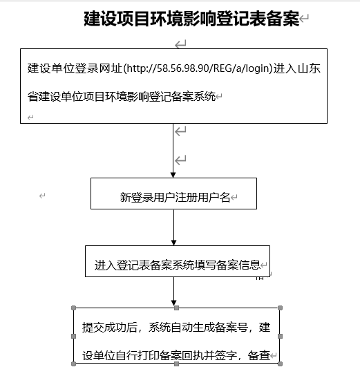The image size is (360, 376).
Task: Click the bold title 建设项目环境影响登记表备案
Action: click(x=191, y=19)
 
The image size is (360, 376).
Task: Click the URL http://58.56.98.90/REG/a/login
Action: click(x=198, y=68)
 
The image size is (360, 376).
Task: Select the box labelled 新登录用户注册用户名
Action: click(x=173, y=194)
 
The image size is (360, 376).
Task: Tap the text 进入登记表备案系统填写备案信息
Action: click(x=178, y=265)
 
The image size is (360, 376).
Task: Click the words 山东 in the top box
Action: click(x=309, y=68)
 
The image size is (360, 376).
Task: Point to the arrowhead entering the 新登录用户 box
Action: click(x=173, y=175)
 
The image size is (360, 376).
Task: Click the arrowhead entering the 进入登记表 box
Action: click(x=173, y=243)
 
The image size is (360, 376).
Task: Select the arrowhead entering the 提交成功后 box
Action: click(x=173, y=303)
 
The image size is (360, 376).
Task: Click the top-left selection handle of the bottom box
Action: click(x=73, y=308)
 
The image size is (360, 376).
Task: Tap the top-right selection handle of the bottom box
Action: click(x=280, y=308)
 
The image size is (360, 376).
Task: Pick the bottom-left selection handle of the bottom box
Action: click(x=73, y=364)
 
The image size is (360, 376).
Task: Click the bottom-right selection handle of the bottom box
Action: click(x=280, y=364)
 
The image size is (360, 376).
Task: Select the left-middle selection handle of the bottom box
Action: click(x=73, y=336)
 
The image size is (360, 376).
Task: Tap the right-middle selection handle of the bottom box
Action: click(x=280, y=336)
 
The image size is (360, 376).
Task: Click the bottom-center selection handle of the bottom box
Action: click(x=177, y=364)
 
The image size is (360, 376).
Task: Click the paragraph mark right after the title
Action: click(x=304, y=18)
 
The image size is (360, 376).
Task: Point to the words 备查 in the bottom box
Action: click(x=259, y=355)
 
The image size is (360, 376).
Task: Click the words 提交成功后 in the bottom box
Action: click(x=110, y=328)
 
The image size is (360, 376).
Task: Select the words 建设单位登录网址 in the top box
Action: click(x=75, y=68)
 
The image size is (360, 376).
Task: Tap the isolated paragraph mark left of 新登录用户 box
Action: click(x=42, y=196)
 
